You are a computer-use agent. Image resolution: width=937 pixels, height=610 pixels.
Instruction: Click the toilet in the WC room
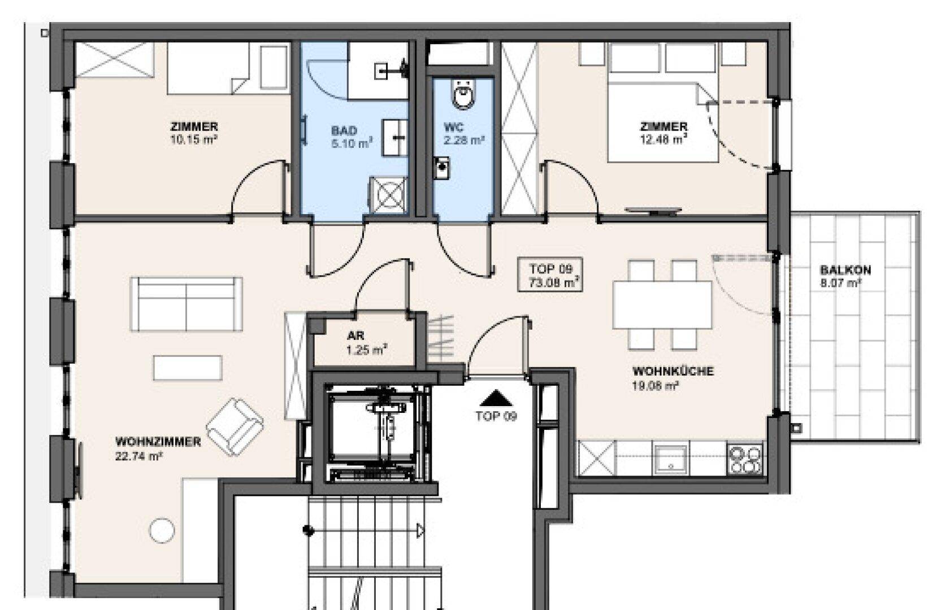[465, 94]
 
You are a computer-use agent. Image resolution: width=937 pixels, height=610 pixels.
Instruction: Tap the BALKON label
[845, 270]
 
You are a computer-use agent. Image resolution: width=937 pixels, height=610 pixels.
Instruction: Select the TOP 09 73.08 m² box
[550, 274]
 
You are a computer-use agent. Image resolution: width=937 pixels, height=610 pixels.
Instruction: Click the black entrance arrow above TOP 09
[496, 398]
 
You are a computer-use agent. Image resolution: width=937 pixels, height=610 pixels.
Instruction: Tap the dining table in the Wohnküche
[662, 305]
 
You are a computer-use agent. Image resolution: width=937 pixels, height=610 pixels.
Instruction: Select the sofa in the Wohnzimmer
[186, 304]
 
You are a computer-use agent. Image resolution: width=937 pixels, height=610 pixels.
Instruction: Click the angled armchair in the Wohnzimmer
[235, 427]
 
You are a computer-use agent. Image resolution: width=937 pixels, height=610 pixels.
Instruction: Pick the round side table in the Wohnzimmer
[162, 531]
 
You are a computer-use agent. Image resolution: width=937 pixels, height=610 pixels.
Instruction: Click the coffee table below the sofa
[188, 368]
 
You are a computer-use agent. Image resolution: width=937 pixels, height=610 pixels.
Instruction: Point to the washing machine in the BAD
[388, 195]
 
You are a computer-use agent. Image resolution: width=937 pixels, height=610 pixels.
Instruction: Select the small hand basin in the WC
[441, 168]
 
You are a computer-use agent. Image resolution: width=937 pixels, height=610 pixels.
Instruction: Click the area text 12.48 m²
[663, 140]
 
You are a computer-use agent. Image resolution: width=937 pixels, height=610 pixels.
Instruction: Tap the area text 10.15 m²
[194, 140]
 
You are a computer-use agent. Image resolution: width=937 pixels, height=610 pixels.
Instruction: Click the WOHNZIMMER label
[158, 442]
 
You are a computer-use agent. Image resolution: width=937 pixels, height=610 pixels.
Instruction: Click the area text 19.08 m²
[655, 385]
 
